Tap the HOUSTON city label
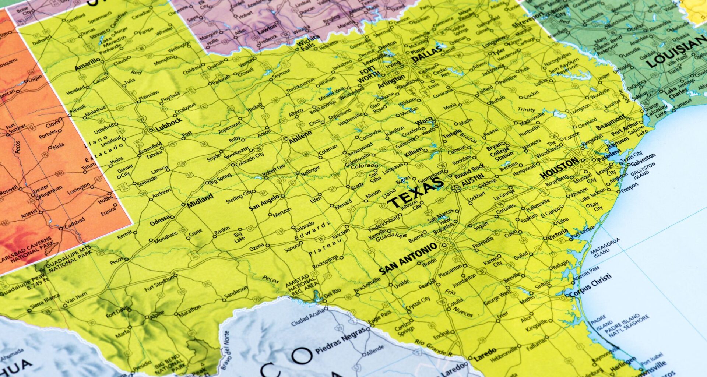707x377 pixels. [559, 168]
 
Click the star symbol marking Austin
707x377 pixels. [456, 188]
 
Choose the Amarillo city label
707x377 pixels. [87, 64]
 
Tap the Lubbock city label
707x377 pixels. [169, 124]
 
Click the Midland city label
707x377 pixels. [200, 200]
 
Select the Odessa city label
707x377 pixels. [160, 221]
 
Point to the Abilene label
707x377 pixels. [300, 137]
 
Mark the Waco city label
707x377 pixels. [423, 121]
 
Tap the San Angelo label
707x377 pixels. [264, 203]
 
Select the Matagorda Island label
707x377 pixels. [605, 247]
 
